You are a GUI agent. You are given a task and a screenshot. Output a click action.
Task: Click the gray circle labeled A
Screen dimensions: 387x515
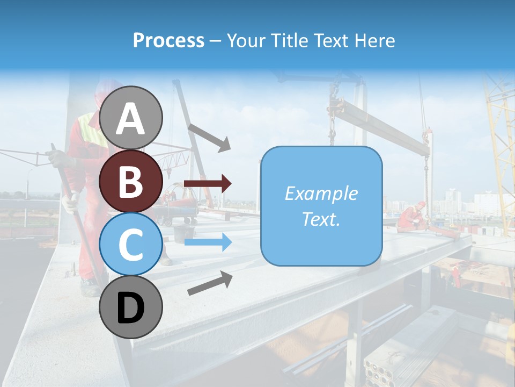click(131, 118)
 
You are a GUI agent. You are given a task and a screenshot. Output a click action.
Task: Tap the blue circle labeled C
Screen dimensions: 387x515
click(131, 244)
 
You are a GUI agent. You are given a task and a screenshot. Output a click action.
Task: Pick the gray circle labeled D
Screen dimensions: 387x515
click(131, 307)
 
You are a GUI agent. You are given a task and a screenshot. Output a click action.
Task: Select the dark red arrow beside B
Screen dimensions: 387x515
click(207, 184)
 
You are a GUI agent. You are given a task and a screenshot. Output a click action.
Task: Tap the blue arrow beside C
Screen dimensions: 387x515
click(207, 242)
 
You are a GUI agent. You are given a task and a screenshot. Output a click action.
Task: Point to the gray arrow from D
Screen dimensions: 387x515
click(210, 283)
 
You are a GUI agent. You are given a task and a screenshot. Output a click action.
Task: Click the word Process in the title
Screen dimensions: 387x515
click(168, 40)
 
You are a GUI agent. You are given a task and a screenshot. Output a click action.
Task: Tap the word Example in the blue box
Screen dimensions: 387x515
click(321, 193)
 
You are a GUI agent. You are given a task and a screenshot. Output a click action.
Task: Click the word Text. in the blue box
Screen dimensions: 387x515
click(321, 219)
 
